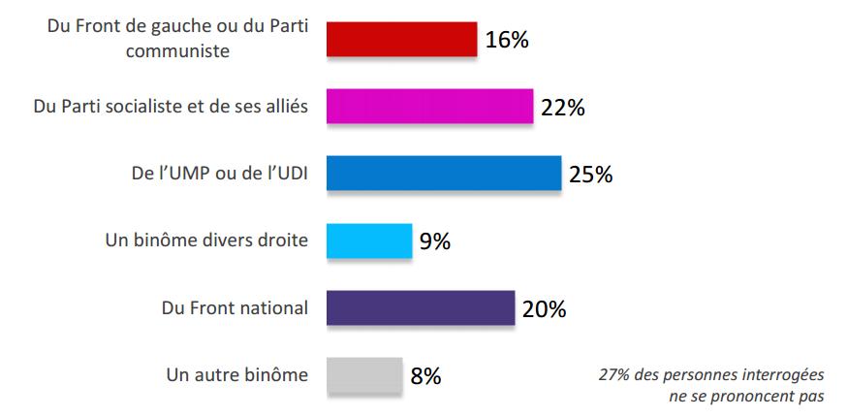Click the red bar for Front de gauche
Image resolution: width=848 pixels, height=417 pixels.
pyautogui.click(x=401, y=39)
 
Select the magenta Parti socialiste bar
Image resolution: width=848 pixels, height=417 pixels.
pyautogui.click(x=429, y=107)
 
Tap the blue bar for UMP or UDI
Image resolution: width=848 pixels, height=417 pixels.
pyautogui.click(x=443, y=174)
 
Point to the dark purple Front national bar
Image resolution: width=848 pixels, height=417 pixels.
pyautogui.click(x=420, y=308)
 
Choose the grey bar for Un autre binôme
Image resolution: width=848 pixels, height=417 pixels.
pyautogui.click(x=364, y=375)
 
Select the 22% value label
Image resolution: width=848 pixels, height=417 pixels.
pyautogui.click(x=562, y=108)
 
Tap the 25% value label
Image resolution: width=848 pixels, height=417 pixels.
pyautogui.click(x=591, y=175)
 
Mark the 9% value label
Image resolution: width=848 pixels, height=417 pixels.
pyautogui.click(x=434, y=241)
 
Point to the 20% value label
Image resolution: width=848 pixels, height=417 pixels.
pyautogui.click(x=544, y=309)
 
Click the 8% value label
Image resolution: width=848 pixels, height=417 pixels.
pyautogui.click(x=426, y=376)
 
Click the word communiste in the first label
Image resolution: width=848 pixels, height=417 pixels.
pyautogui.click(x=177, y=51)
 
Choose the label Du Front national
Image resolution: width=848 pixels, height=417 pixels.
pyautogui.click(x=235, y=308)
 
